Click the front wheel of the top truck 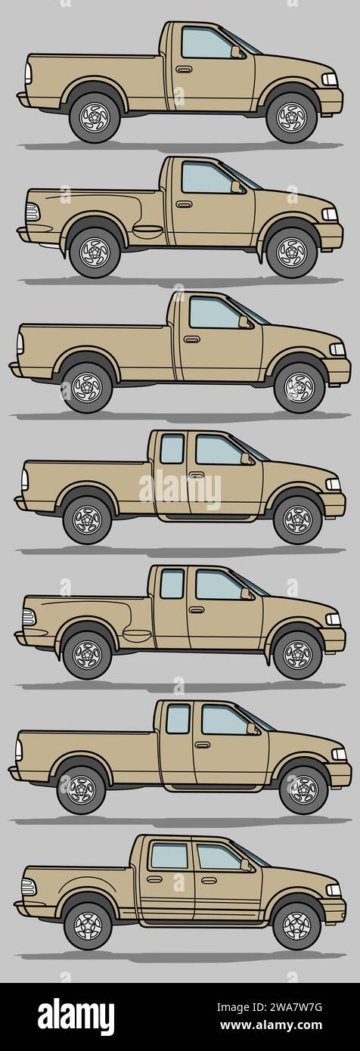tap(291, 117)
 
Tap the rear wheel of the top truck tap(95, 117)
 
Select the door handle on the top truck tap(184, 70)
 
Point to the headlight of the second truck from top tap(329, 214)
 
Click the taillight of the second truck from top tap(33, 212)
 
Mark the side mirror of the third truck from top tap(244, 322)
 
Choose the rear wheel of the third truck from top tap(87, 388)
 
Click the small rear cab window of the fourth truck tap(172, 449)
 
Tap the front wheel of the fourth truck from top tap(297, 519)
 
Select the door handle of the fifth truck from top tap(197, 609)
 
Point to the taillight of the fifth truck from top tap(29, 617)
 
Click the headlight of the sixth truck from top tap(339, 754)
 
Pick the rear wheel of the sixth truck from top tap(81, 789)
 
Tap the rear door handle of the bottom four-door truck tap(154, 879)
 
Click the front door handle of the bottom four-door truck tap(209, 879)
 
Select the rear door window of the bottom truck tap(169, 856)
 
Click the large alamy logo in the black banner tap(76, 1017)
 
